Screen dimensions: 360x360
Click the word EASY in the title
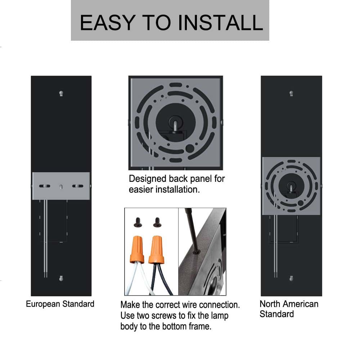(x=108, y=22)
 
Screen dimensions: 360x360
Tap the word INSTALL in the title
(x=220, y=22)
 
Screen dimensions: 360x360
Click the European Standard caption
(x=60, y=304)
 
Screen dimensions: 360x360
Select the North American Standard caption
(x=289, y=309)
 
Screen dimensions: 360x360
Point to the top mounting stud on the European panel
(x=61, y=94)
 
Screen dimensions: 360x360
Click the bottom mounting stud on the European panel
(x=61, y=278)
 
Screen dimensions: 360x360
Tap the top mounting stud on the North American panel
(x=291, y=94)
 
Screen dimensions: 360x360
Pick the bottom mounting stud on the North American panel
(x=291, y=278)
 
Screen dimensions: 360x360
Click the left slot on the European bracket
(x=45, y=186)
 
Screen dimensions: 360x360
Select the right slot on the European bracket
(x=78, y=186)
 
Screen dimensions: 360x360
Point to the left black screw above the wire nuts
(x=138, y=222)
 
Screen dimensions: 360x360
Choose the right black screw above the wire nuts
(x=157, y=222)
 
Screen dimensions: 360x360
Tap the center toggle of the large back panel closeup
(x=175, y=124)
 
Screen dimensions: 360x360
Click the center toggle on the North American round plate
(x=291, y=186)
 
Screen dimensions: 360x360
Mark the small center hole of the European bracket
(x=61, y=186)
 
